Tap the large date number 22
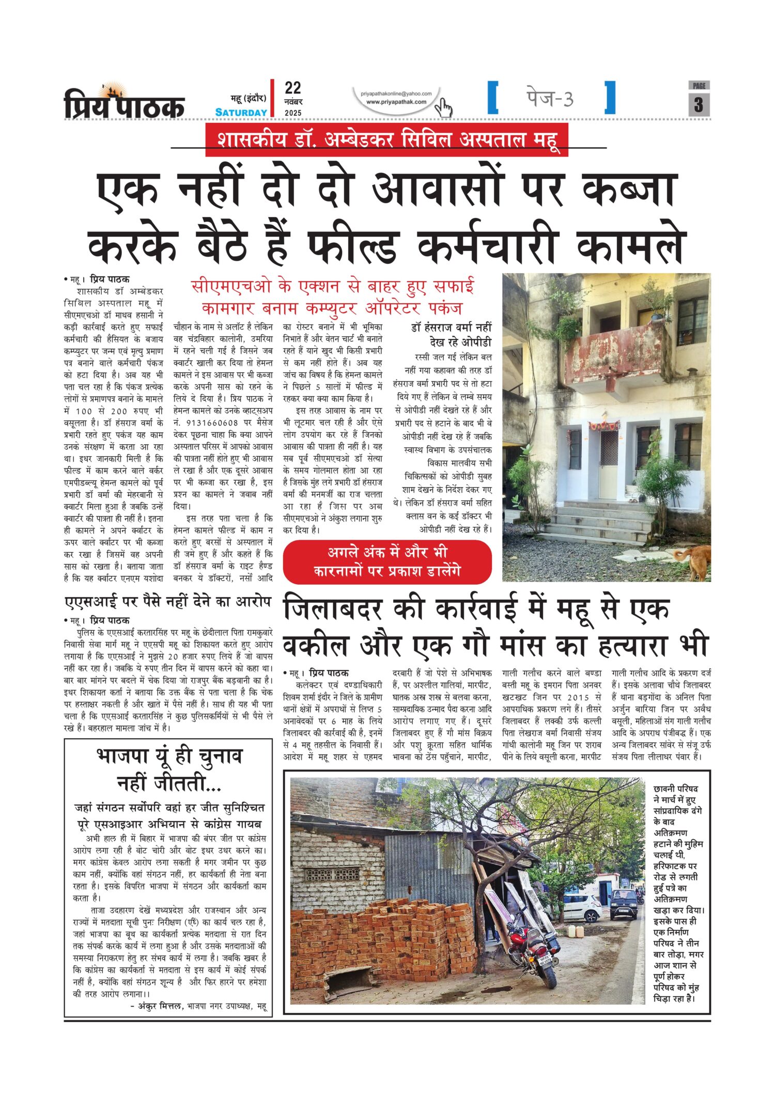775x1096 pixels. coord(292,88)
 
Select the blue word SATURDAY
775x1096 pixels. coord(241,113)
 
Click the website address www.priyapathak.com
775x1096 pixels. coord(396,102)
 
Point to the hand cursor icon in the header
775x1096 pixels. coord(443,107)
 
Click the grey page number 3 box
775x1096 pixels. coord(699,104)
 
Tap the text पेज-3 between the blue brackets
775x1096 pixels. coord(550,98)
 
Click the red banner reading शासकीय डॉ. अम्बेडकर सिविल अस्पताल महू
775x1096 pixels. coord(386,139)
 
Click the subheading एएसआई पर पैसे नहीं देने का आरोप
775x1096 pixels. coord(168,602)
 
